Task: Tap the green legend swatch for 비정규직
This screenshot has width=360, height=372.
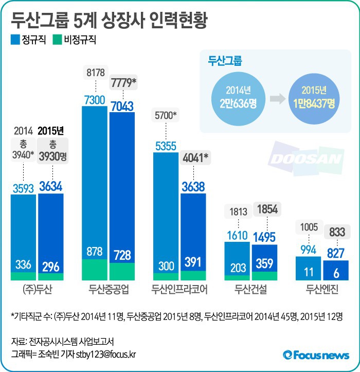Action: click(57, 39)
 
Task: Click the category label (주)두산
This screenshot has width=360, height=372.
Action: click(37, 289)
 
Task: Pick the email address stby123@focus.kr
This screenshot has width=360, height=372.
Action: click(107, 353)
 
